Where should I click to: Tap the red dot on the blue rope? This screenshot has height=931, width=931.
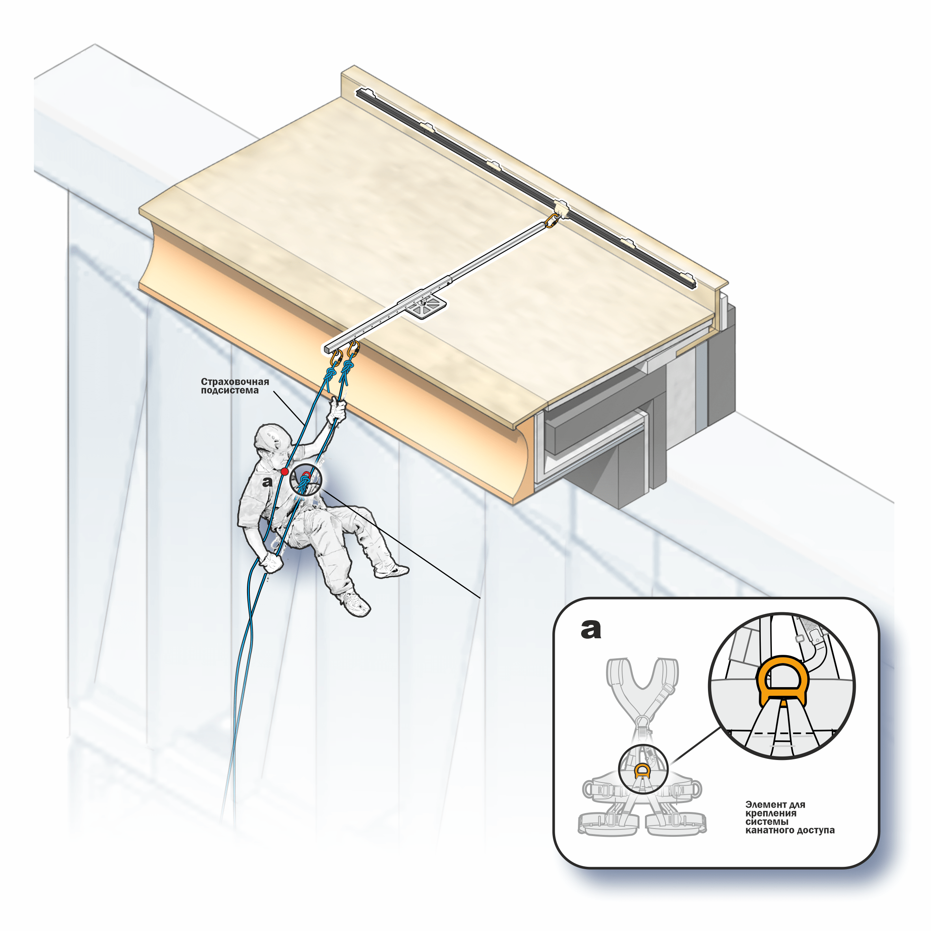point(285,471)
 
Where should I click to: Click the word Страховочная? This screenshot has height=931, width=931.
point(235,382)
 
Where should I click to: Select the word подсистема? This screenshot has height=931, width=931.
point(229,390)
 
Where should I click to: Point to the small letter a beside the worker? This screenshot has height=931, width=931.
point(267,481)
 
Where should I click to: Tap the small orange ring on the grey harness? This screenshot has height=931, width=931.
point(642,771)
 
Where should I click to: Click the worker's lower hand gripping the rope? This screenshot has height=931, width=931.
point(271,562)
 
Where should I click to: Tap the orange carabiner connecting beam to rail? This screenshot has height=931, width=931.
point(551,221)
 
